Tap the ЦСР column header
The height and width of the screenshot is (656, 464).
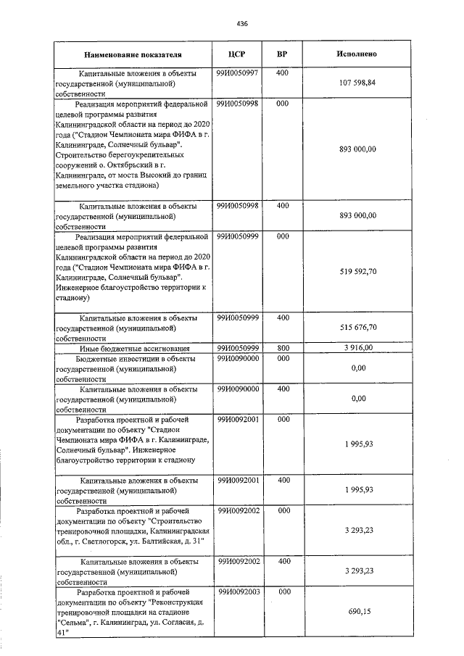237,54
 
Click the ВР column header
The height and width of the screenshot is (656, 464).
283,54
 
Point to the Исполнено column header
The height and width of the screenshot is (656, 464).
357,54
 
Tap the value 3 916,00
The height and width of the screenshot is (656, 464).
357,348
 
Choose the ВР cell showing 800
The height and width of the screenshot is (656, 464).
283,348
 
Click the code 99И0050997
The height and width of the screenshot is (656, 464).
237,73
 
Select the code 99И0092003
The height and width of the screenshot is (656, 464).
237,591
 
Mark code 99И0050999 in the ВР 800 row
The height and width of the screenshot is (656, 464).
237,348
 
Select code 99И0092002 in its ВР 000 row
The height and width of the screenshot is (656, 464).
237,510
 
